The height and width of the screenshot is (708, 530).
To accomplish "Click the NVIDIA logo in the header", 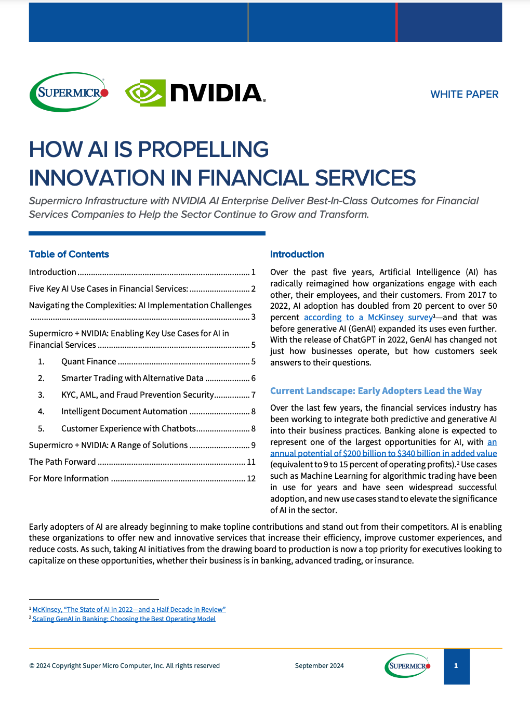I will tap(195, 93).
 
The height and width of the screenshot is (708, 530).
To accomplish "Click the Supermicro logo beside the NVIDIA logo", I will tap(69, 93).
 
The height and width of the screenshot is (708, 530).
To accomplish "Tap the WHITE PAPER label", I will tap(464, 94).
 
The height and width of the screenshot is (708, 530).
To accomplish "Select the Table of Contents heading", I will tap(69, 254).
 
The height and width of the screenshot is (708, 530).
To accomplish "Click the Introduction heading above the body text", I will tap(297, 254).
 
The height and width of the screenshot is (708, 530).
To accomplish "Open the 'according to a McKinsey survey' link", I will tap(368, 317).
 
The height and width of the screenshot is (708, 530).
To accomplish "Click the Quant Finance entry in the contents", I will tap(89, 361).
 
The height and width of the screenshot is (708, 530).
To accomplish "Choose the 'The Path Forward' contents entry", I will tap(62, 462).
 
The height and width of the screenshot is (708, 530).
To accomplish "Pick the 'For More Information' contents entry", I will tap(69, 478).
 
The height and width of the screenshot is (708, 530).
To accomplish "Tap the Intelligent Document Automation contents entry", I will tap(124, 411).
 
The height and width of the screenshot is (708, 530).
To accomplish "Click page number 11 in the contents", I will tap(251, 462).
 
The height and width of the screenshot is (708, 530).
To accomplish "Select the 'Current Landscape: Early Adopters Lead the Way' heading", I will tap(376, 391).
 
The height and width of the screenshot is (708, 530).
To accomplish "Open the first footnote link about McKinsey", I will tap(129, 609).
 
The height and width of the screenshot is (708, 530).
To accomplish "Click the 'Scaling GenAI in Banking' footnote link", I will tap(124, 619).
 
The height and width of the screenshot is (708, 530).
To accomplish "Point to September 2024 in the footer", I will tap(319, 665).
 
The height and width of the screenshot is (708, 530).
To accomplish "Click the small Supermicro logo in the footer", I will tap(408, 666).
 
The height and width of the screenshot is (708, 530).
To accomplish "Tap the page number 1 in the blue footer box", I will tap(456, 666).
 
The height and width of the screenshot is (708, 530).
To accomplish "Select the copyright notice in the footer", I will tap(124, 665).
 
